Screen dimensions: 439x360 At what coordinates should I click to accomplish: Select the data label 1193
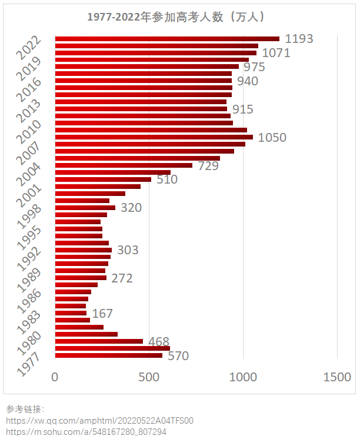tap(299, 39)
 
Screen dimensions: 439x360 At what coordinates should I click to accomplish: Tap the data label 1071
tap(276, 53)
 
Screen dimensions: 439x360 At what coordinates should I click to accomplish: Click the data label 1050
tap(272, 138)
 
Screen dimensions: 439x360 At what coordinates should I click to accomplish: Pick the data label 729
tap(208, 166)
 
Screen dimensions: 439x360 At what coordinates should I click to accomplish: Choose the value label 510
tap(167, 179)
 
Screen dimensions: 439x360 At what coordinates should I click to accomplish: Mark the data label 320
tap(131, 208)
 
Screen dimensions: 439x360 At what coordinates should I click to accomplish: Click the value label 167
tap(102, 314)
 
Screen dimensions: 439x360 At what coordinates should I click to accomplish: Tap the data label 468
tap(159, 342)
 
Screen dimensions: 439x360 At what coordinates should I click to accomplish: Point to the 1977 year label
tap(29, 365)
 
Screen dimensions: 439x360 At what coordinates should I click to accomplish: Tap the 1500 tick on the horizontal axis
tap(337, 377)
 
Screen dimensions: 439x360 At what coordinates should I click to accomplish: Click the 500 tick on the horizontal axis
tap(149, 377)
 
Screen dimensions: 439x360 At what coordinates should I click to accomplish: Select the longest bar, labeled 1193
tap(167, 39)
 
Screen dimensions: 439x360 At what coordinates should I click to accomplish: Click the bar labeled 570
tap(109, 355)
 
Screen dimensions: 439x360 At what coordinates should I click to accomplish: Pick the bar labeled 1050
tap(154, 137)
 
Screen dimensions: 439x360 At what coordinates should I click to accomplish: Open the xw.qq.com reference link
tap(100, 421)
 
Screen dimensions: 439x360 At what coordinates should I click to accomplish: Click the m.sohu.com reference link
tap(86, 432)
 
